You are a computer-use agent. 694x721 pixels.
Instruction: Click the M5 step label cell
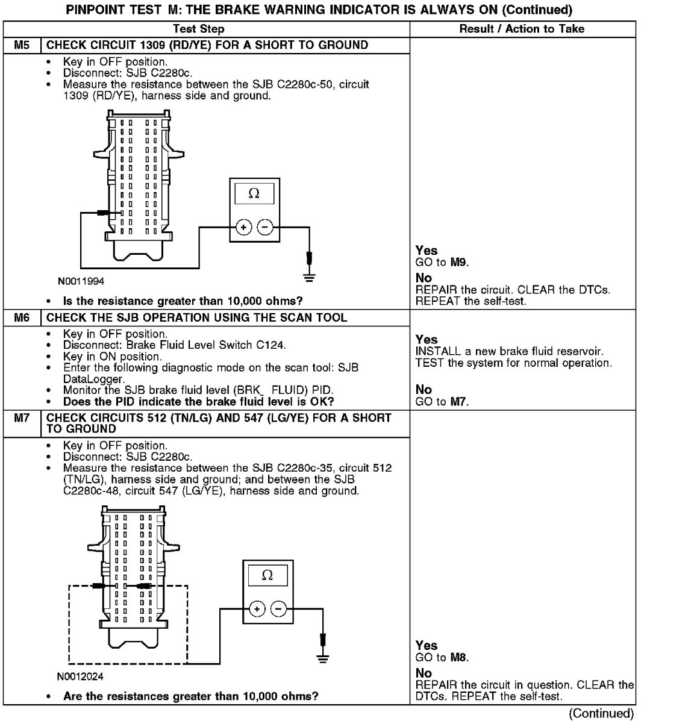click(x=22, y=45)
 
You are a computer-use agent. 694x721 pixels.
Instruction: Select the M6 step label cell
click(x=22, y=317)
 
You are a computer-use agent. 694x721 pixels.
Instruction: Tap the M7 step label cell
click(x=22, y=418)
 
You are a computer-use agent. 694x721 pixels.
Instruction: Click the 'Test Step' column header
click(x=198, y=29)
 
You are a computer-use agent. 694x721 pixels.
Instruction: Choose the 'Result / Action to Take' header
click(x=522, y=29)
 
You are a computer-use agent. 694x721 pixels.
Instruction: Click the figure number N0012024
click(x=80, y=676)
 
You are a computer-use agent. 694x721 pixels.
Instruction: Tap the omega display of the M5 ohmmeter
click(x=254, y=193)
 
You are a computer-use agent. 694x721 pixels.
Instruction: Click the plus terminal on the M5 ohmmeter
click(x=243, y=227)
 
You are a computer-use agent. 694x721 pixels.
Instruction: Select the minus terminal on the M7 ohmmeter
click(x=278, y=608)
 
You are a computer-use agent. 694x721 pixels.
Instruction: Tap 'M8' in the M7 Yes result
click(x=459, y=657)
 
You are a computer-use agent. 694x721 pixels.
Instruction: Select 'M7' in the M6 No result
click(x=459, y=402)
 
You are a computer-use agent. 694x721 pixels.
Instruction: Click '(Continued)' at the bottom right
click(x=601, y=714)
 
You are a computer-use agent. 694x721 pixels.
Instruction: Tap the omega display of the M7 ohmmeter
click(x=267, y=575)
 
